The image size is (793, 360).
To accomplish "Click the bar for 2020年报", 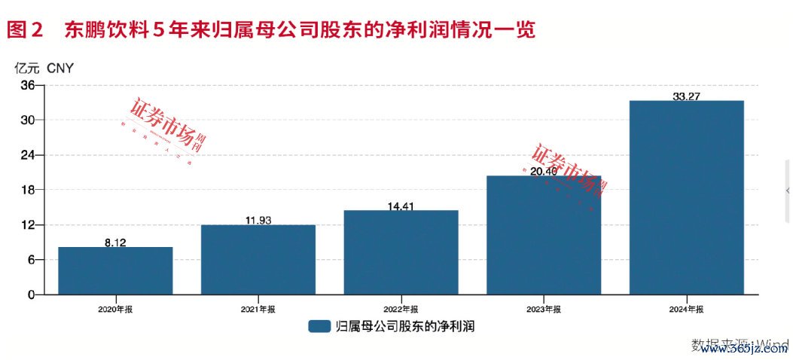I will click(115, 270).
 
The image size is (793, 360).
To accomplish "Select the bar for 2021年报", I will click(258, 259).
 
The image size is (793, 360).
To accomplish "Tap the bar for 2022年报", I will click(401, 252).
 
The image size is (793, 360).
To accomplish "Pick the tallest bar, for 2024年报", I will click(686, 197).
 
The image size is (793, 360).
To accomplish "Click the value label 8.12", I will click(115, 242).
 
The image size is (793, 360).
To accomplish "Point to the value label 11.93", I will click(258, 220).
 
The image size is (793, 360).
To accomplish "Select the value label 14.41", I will click(401, 205).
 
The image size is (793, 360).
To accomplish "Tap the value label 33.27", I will click(686, 96).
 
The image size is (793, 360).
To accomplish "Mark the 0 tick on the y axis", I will click(30, 294).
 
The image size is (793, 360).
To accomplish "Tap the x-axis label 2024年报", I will click(687, 310).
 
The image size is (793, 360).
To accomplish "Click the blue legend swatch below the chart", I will click(319, 326).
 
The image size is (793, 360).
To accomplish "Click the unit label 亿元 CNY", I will click(44, 67).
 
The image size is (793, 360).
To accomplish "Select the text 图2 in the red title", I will click(27, 29).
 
